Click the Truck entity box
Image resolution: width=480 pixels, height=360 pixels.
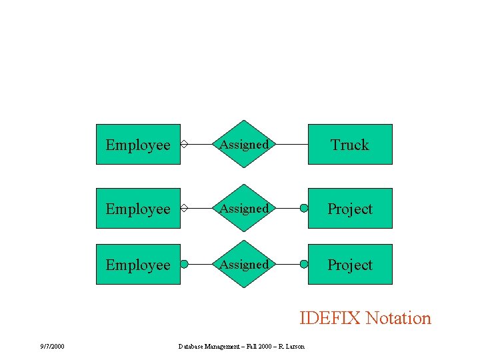(x=350, y=144)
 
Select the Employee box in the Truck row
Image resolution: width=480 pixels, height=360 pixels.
(x=138, y=144)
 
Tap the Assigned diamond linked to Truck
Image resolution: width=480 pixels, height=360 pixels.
(x=245, y=144)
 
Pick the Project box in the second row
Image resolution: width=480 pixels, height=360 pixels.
(x=350, y=208)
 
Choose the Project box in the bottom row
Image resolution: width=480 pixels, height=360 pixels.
(x=350, y=264)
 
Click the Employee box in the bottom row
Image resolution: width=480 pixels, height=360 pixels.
(x=138, y=264)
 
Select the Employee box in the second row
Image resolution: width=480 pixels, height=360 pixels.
(x=138, y=208)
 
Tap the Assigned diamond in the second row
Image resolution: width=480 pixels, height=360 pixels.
(x=245, y=208)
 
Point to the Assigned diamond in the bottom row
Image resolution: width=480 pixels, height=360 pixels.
(x=245, y=264)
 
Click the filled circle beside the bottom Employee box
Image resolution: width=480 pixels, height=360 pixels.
(x=185, y=264)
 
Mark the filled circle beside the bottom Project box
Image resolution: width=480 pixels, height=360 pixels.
(x=304, y=264)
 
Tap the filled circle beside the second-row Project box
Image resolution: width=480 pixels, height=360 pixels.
(x=304, y=208)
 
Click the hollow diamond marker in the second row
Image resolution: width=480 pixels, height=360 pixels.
(x=185, y=208)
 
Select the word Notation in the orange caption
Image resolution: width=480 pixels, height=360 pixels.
(x=399, y=318)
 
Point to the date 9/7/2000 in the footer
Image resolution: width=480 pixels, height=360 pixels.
(x=51, y=346)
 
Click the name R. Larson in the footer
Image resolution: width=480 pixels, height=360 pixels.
(x=292, y=346)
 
